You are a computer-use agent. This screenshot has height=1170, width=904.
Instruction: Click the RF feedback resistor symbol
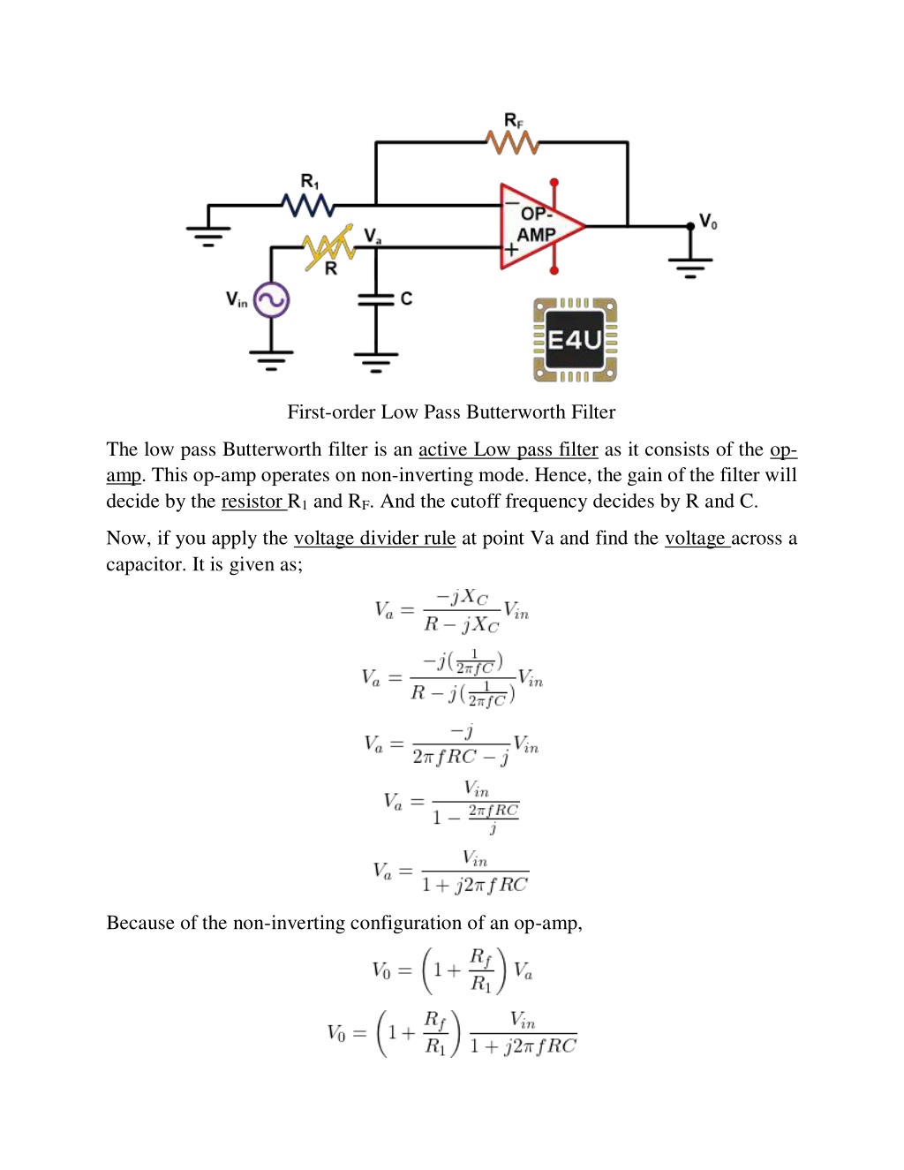(x=513, y=142)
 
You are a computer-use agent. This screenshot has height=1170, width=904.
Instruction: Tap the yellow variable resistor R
(x=328, y=247)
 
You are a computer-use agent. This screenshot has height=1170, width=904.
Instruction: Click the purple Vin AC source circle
(x=271, y=300)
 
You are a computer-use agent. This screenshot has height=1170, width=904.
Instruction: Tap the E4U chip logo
(x=575, y=340)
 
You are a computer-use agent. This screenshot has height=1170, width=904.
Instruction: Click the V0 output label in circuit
(x=708, y=222)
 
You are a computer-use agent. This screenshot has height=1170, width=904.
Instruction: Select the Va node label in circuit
(x=373, y=236)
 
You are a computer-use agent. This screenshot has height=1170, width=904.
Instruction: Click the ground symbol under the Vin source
(x=271, y=360)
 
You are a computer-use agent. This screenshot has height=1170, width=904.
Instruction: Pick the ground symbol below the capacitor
(x=376, y=362)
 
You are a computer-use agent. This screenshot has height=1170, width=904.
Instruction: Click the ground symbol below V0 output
(x=690, y=268)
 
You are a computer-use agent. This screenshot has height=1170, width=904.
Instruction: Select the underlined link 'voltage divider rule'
(x=374, y=538)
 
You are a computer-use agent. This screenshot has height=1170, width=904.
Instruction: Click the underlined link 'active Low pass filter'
(x=508, y=449)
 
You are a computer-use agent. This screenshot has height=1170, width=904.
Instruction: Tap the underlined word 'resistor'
(x=252, y=502)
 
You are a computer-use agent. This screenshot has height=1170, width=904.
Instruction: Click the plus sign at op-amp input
(x=510, y=249)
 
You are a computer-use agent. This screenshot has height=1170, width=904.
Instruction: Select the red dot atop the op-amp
(x=554, y=182)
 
